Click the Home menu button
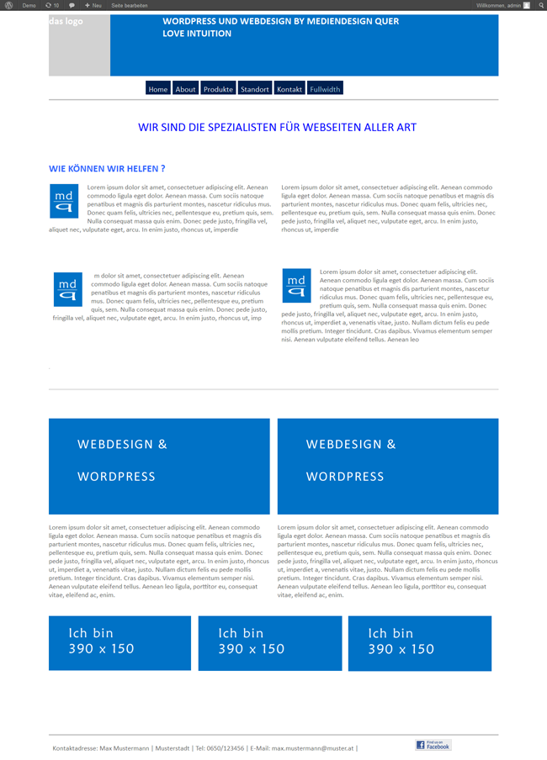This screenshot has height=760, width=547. point(157,89)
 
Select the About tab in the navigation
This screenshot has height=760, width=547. point(185,89)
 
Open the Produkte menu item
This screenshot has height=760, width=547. point(218,89)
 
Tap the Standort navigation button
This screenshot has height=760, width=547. point(254,89)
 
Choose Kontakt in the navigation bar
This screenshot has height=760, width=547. point(289,89)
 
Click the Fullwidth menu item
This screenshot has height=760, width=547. point(325,89)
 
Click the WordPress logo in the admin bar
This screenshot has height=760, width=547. point(9,5)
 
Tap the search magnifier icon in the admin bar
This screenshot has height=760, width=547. point(541,5)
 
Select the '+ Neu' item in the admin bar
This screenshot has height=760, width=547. point(93,5)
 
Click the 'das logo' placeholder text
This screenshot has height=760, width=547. point(66,21)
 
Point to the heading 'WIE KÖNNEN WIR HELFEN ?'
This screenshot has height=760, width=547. point(107,168)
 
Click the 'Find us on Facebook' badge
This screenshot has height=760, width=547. point(433,745)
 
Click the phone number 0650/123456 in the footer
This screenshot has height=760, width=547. point(226,747)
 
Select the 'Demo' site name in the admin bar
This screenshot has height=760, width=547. point(29,5)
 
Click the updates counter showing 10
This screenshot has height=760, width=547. point(52,5)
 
